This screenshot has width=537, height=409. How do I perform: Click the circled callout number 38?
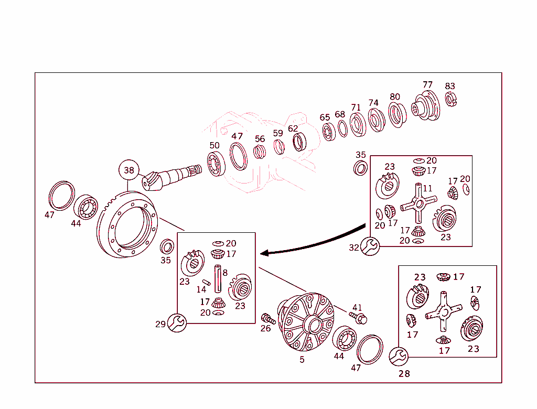tap(129, 170)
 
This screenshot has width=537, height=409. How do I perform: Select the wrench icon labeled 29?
tap(177, 322)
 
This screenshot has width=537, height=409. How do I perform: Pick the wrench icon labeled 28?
tap(399, 357)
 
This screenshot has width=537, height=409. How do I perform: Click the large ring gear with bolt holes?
tap(127, 225)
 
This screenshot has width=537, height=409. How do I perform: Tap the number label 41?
tap(357, 307)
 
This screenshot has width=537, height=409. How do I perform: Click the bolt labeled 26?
tap(268, 318)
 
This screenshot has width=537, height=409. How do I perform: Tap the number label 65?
tap(325, 117)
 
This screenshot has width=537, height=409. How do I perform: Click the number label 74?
tap(373, 103)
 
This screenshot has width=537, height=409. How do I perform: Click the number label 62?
tap(293, 128)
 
